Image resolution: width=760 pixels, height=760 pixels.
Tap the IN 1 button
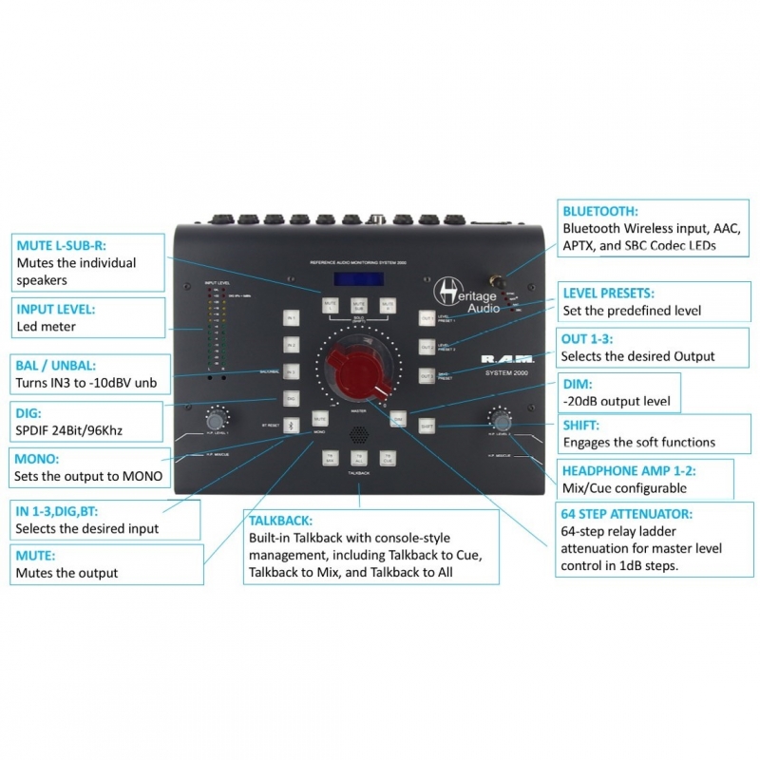click(292, 318)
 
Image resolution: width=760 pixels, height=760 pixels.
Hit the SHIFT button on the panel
click(427, 426)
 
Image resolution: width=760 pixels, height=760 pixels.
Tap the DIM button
click(399, 419)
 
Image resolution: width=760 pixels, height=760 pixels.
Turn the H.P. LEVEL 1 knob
click(216, 419)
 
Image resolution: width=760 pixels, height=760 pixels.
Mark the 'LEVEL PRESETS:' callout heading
click(608, 294)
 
